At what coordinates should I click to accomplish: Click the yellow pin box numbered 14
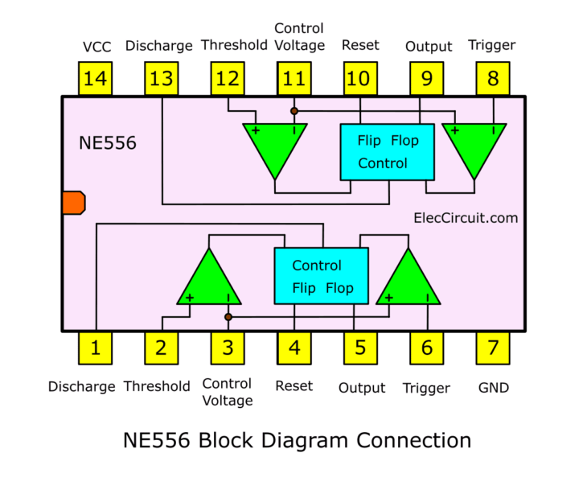pyautogui.click(x=96, y=79)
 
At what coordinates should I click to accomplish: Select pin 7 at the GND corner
pyautogui.click(x=493, y=348)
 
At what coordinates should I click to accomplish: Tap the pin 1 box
pyautogui.click(x=96, y=348)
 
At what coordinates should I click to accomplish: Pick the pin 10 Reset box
pyautogui.click(x=360, y=79)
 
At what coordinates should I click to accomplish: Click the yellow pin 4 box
pyautogui.click(x=294, y=348)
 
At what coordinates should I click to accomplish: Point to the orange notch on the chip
pyautogui.click(x=73, y=203)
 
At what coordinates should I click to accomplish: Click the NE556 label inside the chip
pyautogui.click(x=108, y=143)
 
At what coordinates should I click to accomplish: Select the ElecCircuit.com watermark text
pyautogui.click(x=466, y=217)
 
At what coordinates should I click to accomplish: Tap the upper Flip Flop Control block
pyautogui.click(x=387, y=151)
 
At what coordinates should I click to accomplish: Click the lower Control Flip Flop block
pyautogui.click(x=321, y=276)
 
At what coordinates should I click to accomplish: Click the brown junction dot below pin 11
pyautogui.click(x=294, y=110)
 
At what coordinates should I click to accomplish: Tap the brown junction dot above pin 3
pyautogui.click(x=228, y=317)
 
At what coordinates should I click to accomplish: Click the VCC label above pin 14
pyautogui.click(x=96, y=47)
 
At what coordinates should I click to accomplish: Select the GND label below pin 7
pyautogui.click(x=493, y=388)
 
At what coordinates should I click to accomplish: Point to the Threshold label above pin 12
pyautogui.click(x=234, y=45)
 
